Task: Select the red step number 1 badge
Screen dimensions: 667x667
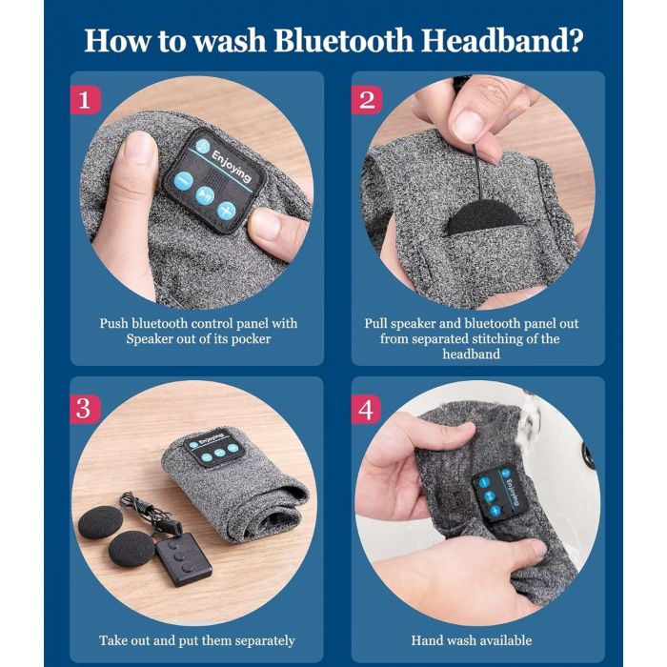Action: pyautogui.click(x=86, y=99)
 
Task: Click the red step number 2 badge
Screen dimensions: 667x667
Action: pyautogui.click(x=367, y=99)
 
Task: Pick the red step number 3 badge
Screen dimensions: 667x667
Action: pyautogui.click(x=86, y=409)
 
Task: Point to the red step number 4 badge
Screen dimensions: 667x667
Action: pyautogui.click(x=367, y=409)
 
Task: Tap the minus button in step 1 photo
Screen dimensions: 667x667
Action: pyautogui.click(x=180, y=181)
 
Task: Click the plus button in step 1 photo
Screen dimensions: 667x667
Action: pyautogui.click(x=226, y=210)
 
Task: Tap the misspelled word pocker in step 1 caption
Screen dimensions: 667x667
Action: pyautogui.click(x=248, y=339)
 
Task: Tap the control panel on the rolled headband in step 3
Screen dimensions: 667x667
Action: pyautogui.click(x=214, y=453)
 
